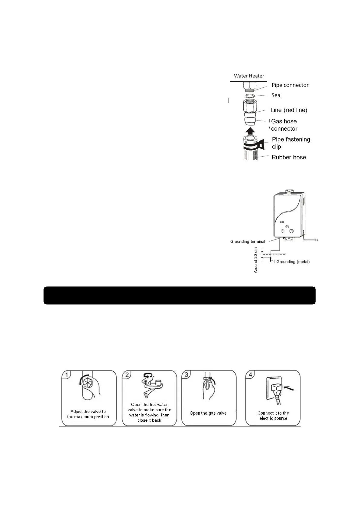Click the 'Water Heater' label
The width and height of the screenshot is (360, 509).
coord(249,76)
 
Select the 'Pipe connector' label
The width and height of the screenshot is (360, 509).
coord(290,85)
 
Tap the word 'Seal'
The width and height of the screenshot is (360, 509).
coord(276,95)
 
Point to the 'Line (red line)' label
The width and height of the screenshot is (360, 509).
coord(289,110)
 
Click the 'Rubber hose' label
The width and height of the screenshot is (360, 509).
coord(289,157)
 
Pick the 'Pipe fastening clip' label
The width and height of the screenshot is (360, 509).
coord(290,143)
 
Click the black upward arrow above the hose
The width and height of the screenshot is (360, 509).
coord(250,131)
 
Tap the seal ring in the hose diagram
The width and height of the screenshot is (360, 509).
coord(250,96)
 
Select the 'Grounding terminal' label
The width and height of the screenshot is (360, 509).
coord(248,242)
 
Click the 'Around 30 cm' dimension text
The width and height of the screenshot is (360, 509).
coord(256,260)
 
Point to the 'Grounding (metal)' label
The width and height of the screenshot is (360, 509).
coord(293,262)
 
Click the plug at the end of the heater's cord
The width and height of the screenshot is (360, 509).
coord(316,240)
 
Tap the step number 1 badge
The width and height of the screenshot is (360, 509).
coord(66,375)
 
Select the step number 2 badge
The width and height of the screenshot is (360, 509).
coord(127,375)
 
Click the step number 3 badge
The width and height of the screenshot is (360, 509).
coord(186,374)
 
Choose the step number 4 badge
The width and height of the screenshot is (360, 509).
coord(250,375)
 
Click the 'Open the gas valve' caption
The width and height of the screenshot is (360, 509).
coord(208,413)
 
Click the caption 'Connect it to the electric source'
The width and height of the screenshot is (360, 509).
coord(273,416)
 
